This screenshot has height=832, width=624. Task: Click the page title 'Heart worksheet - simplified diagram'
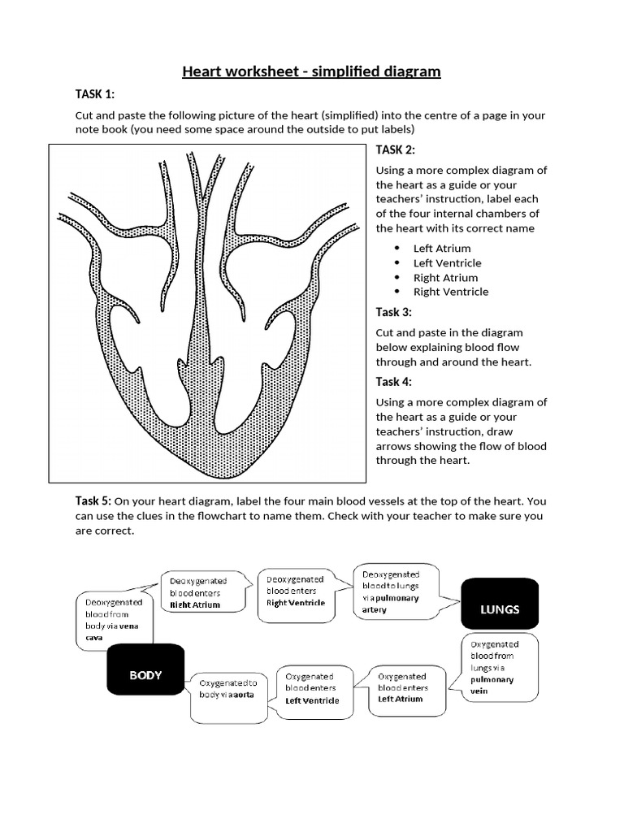click(311, 71)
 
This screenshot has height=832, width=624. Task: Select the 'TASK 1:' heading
click(95, 95)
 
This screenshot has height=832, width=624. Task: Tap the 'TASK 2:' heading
click(396, 149)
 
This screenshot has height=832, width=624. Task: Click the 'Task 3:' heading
click(393, 312)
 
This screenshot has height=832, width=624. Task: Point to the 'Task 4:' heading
click(393, 382)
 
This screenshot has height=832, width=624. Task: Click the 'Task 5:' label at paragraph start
click(93, 500)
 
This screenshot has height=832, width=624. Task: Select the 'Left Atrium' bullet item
click(442, 249)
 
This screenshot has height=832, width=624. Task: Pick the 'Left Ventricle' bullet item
click(447, 263)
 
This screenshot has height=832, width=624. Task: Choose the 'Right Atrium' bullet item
click(445, 278)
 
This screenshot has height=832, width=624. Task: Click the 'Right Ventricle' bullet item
click(451, 292)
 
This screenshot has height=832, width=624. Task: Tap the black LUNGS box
click(499, 609)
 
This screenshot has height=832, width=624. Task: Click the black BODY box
click(146, 674)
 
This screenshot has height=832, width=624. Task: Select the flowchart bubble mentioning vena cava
click(114, 620)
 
